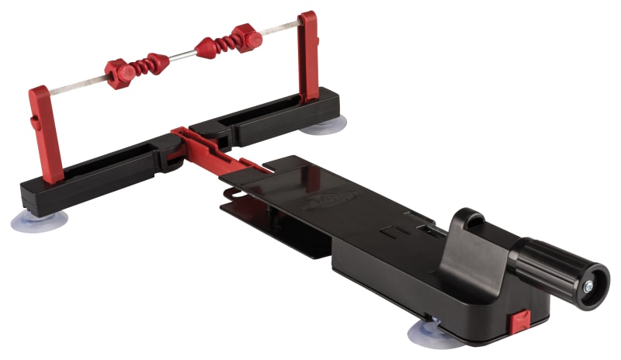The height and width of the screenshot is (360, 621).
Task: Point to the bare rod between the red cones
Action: [181, 55]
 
